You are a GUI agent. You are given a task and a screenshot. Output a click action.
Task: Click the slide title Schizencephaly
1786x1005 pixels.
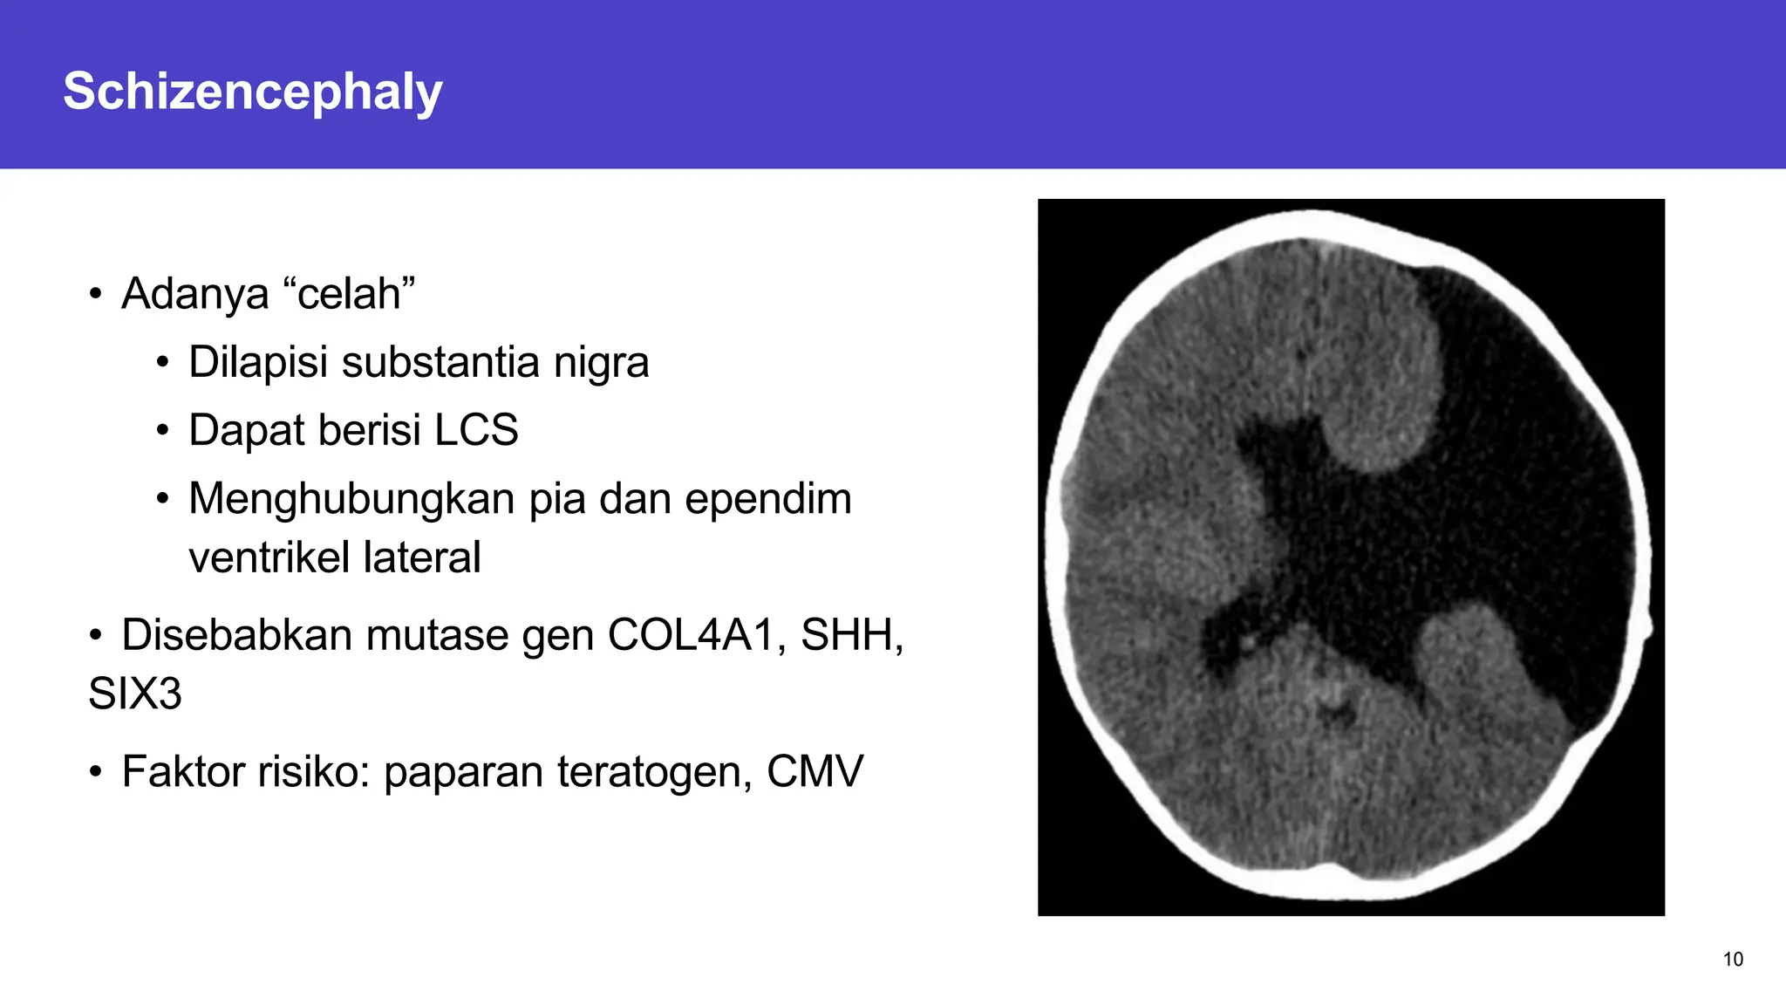(253, 92)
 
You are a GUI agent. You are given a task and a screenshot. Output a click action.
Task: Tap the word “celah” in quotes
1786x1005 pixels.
(349, 294)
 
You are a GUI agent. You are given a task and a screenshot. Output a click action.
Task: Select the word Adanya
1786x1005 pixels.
(194, 294)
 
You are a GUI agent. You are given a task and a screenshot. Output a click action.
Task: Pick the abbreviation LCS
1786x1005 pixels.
(476, 430)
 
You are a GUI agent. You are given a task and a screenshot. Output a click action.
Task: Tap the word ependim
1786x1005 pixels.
(767, 500)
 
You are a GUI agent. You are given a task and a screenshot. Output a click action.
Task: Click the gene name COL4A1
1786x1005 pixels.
(691, 635)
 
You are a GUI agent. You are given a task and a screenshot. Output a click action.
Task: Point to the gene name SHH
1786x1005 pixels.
(850, 635)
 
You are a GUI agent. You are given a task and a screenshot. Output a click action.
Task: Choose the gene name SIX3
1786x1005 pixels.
(135, 694)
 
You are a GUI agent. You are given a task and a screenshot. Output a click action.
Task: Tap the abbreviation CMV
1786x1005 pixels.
(815, 772)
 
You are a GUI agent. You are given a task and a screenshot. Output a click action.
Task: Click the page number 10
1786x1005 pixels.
(1733, 960)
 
